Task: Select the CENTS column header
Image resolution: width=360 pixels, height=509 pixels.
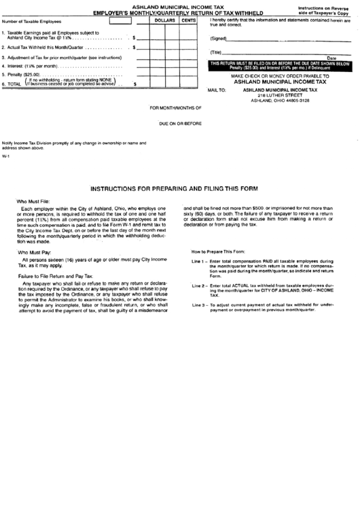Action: pyautogui.click(x=188, y=22)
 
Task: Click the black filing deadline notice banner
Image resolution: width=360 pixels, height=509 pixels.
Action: pyautogui.click(x=280, y=65)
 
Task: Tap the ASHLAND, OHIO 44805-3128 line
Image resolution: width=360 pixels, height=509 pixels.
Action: pyautogui.click(x=280, y=101)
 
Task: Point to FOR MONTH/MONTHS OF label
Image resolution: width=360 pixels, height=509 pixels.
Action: pyautogui.click(x=176, y=108)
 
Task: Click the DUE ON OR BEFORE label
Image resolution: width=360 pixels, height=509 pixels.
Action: pyautogui.click(x=181, y=124)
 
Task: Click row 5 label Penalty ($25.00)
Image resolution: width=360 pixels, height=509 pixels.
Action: pyautogui.click(x=22, y=74)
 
